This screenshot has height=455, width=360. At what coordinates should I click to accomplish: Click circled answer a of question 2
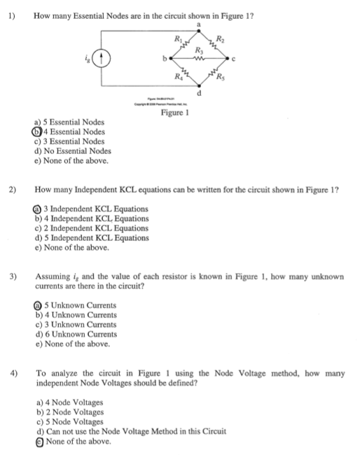pyautogui.click(x=36, y=209)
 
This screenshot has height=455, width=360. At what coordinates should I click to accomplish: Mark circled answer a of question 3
pyautogui.click(x=36, y=304)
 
